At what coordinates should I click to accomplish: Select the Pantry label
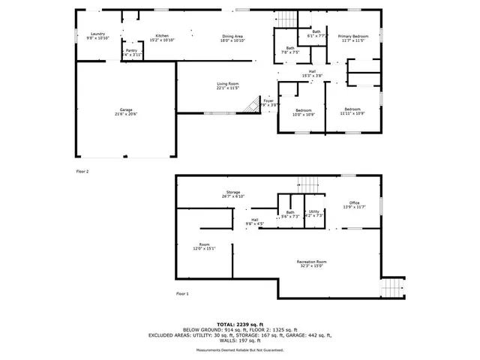pyautogui.click(x=131, y=52)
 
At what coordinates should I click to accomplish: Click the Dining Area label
pyautogui.click(x=232, y=37)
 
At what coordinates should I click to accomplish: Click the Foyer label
pyautogui.click(x=268, y=101)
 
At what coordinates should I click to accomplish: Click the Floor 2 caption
pyautogui.click(x=82, y=172)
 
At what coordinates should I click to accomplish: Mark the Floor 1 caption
pyautogui.click(x=182, y=293)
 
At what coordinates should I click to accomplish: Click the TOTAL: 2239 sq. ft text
pyautogui.click(x=239, y=324)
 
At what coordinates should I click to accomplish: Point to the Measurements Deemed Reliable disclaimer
pyautogui.click(x=239, y=350)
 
